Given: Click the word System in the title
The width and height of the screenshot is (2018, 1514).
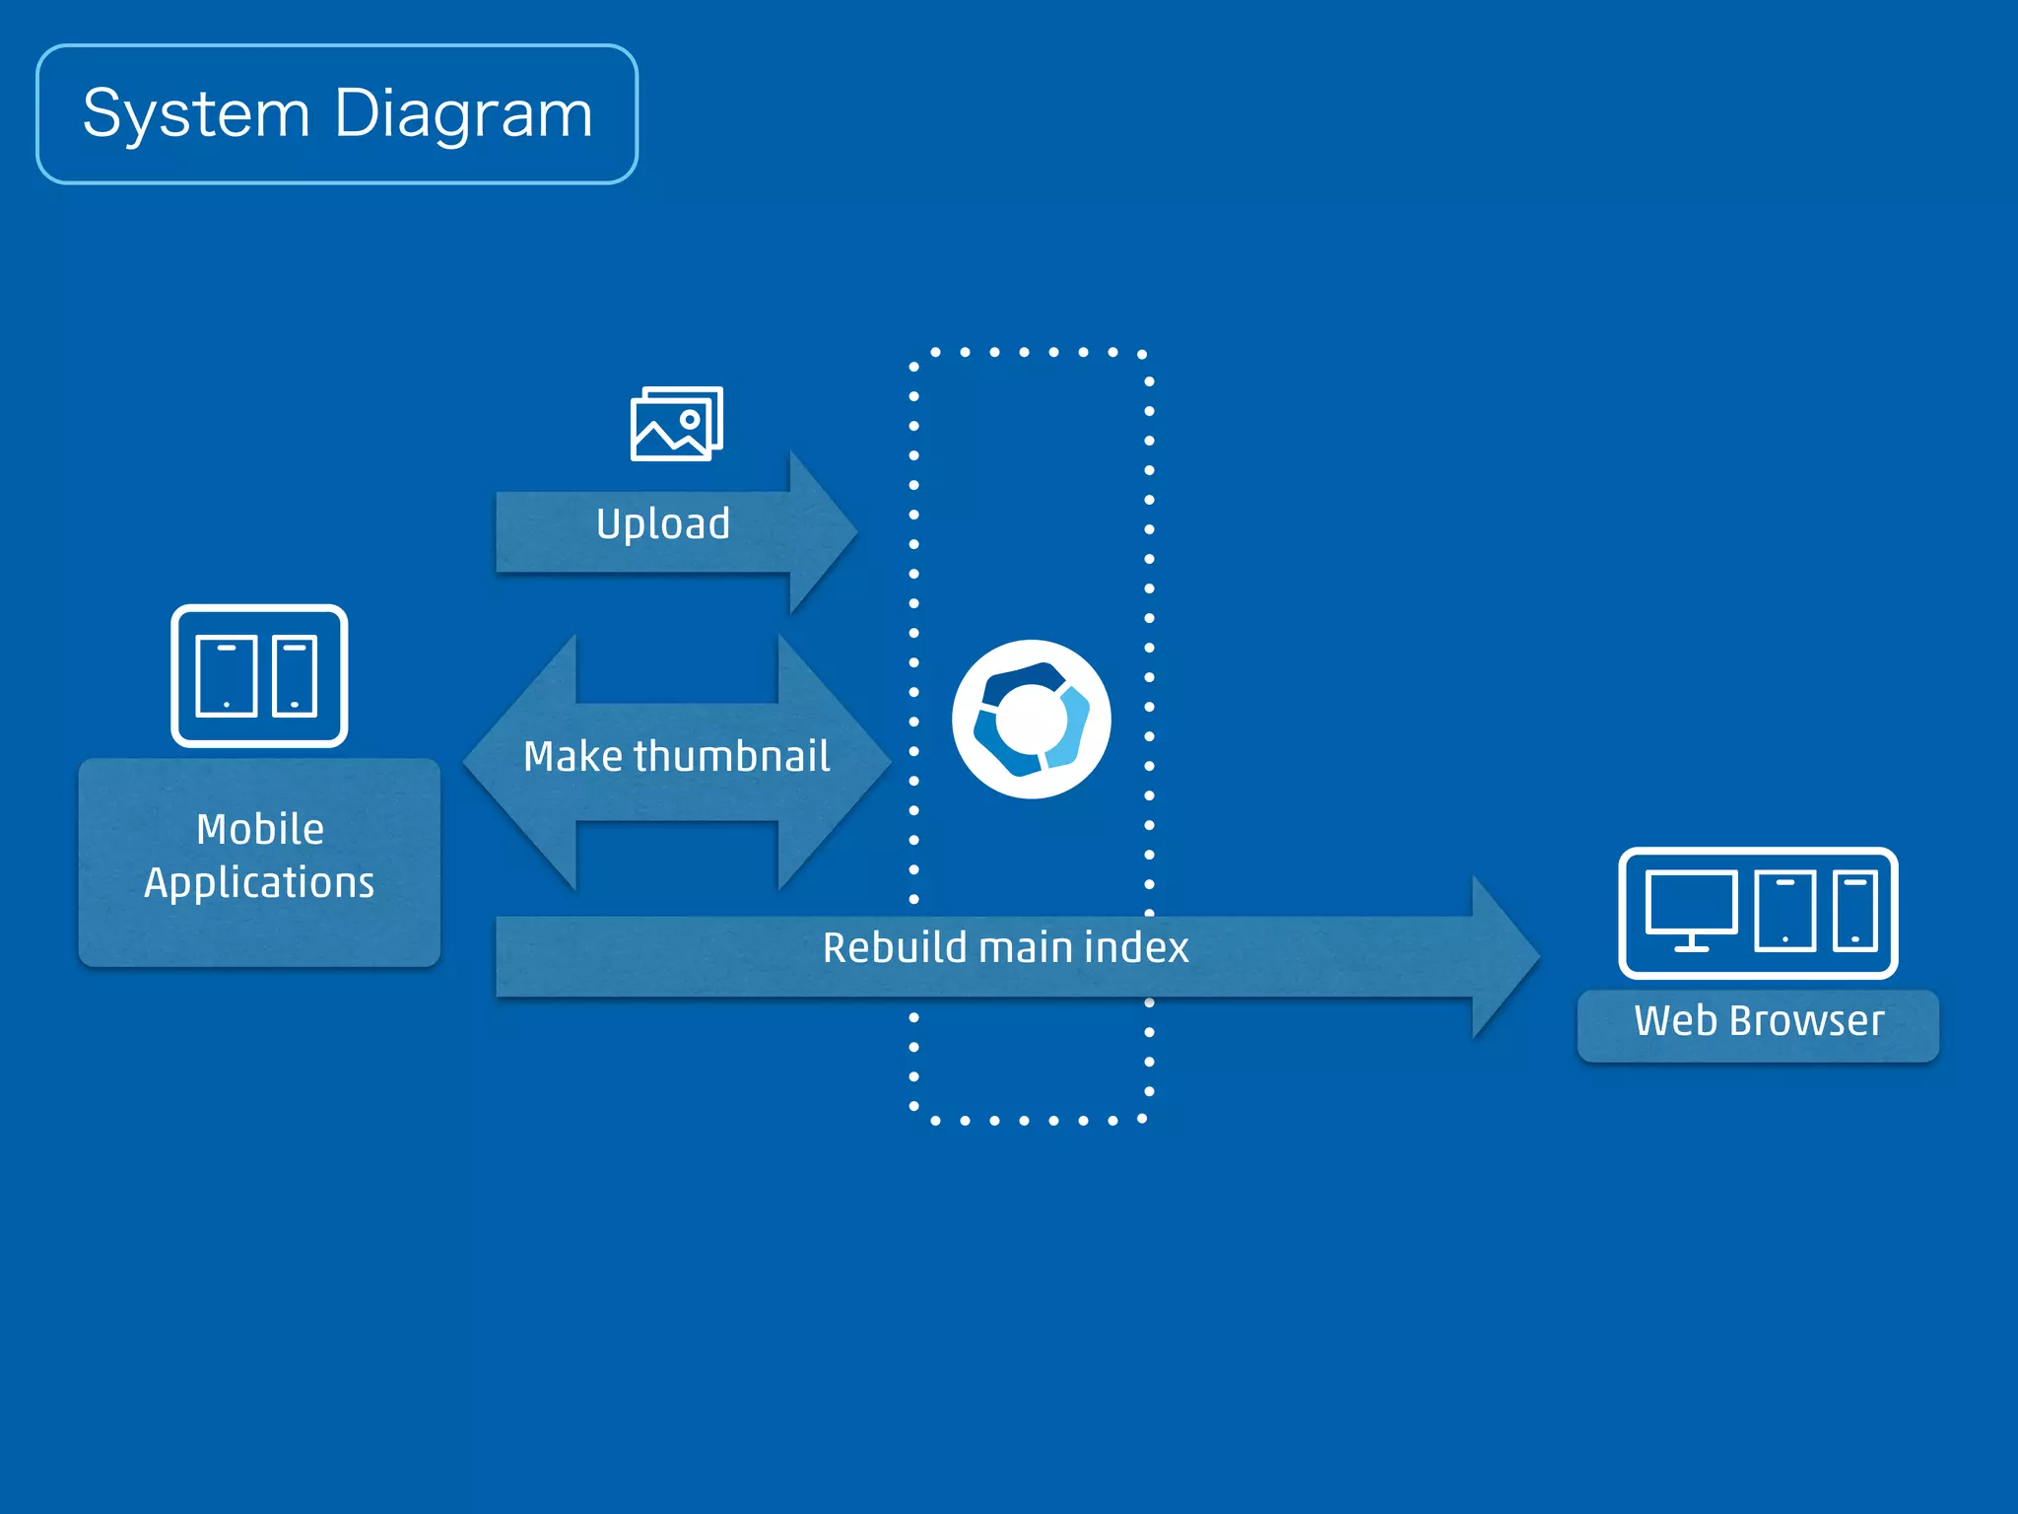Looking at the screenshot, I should tap(196, 114).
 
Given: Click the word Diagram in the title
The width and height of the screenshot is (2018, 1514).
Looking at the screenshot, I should tap(463, 114).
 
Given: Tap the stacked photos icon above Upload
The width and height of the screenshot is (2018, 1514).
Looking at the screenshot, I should tap(676, 423).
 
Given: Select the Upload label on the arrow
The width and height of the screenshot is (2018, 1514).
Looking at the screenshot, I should tap(663, 523).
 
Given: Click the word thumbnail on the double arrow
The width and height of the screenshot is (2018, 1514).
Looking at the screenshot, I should tap(731, 757).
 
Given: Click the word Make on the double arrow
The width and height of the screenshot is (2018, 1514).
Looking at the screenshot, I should tap(572, 757).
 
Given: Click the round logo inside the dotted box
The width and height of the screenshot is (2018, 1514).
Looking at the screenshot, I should tap(1031, 719).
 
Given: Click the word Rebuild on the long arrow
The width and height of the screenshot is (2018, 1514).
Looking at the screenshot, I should tap(895, 948).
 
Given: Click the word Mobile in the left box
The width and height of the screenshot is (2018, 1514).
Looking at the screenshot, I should tap(260, 830).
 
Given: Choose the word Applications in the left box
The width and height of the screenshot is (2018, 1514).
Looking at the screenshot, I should tap(259, 883).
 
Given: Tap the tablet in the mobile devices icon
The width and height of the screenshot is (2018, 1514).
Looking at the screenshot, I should tap(227, 676).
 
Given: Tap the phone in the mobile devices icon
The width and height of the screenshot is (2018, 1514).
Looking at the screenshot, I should tap(295, 676).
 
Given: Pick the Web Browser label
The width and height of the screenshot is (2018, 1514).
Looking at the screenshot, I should tap(1758, 1022).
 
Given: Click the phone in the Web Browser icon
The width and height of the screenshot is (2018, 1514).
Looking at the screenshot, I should tap(1854, 911).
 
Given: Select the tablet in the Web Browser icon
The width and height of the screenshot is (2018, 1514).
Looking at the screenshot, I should tap(1784, 911).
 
